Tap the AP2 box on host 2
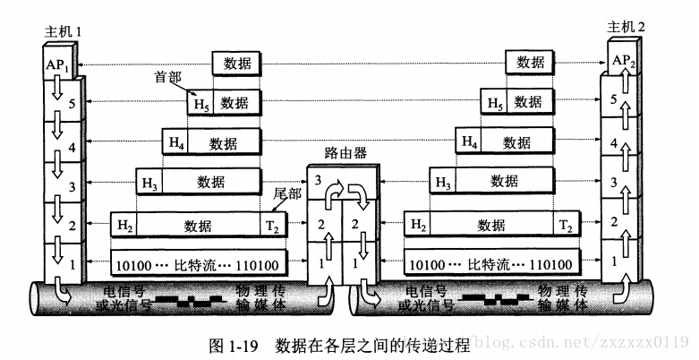[624, 61]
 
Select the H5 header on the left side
[200, 104]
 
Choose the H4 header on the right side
[467, 141]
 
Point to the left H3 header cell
[149, 183]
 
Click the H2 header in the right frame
[417, 224]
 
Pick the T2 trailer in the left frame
[274, 224]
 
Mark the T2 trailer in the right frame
[567, 224]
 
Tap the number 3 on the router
[317, 182]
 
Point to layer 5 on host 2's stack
[612, 100]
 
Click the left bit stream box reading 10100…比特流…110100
[198, 265]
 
